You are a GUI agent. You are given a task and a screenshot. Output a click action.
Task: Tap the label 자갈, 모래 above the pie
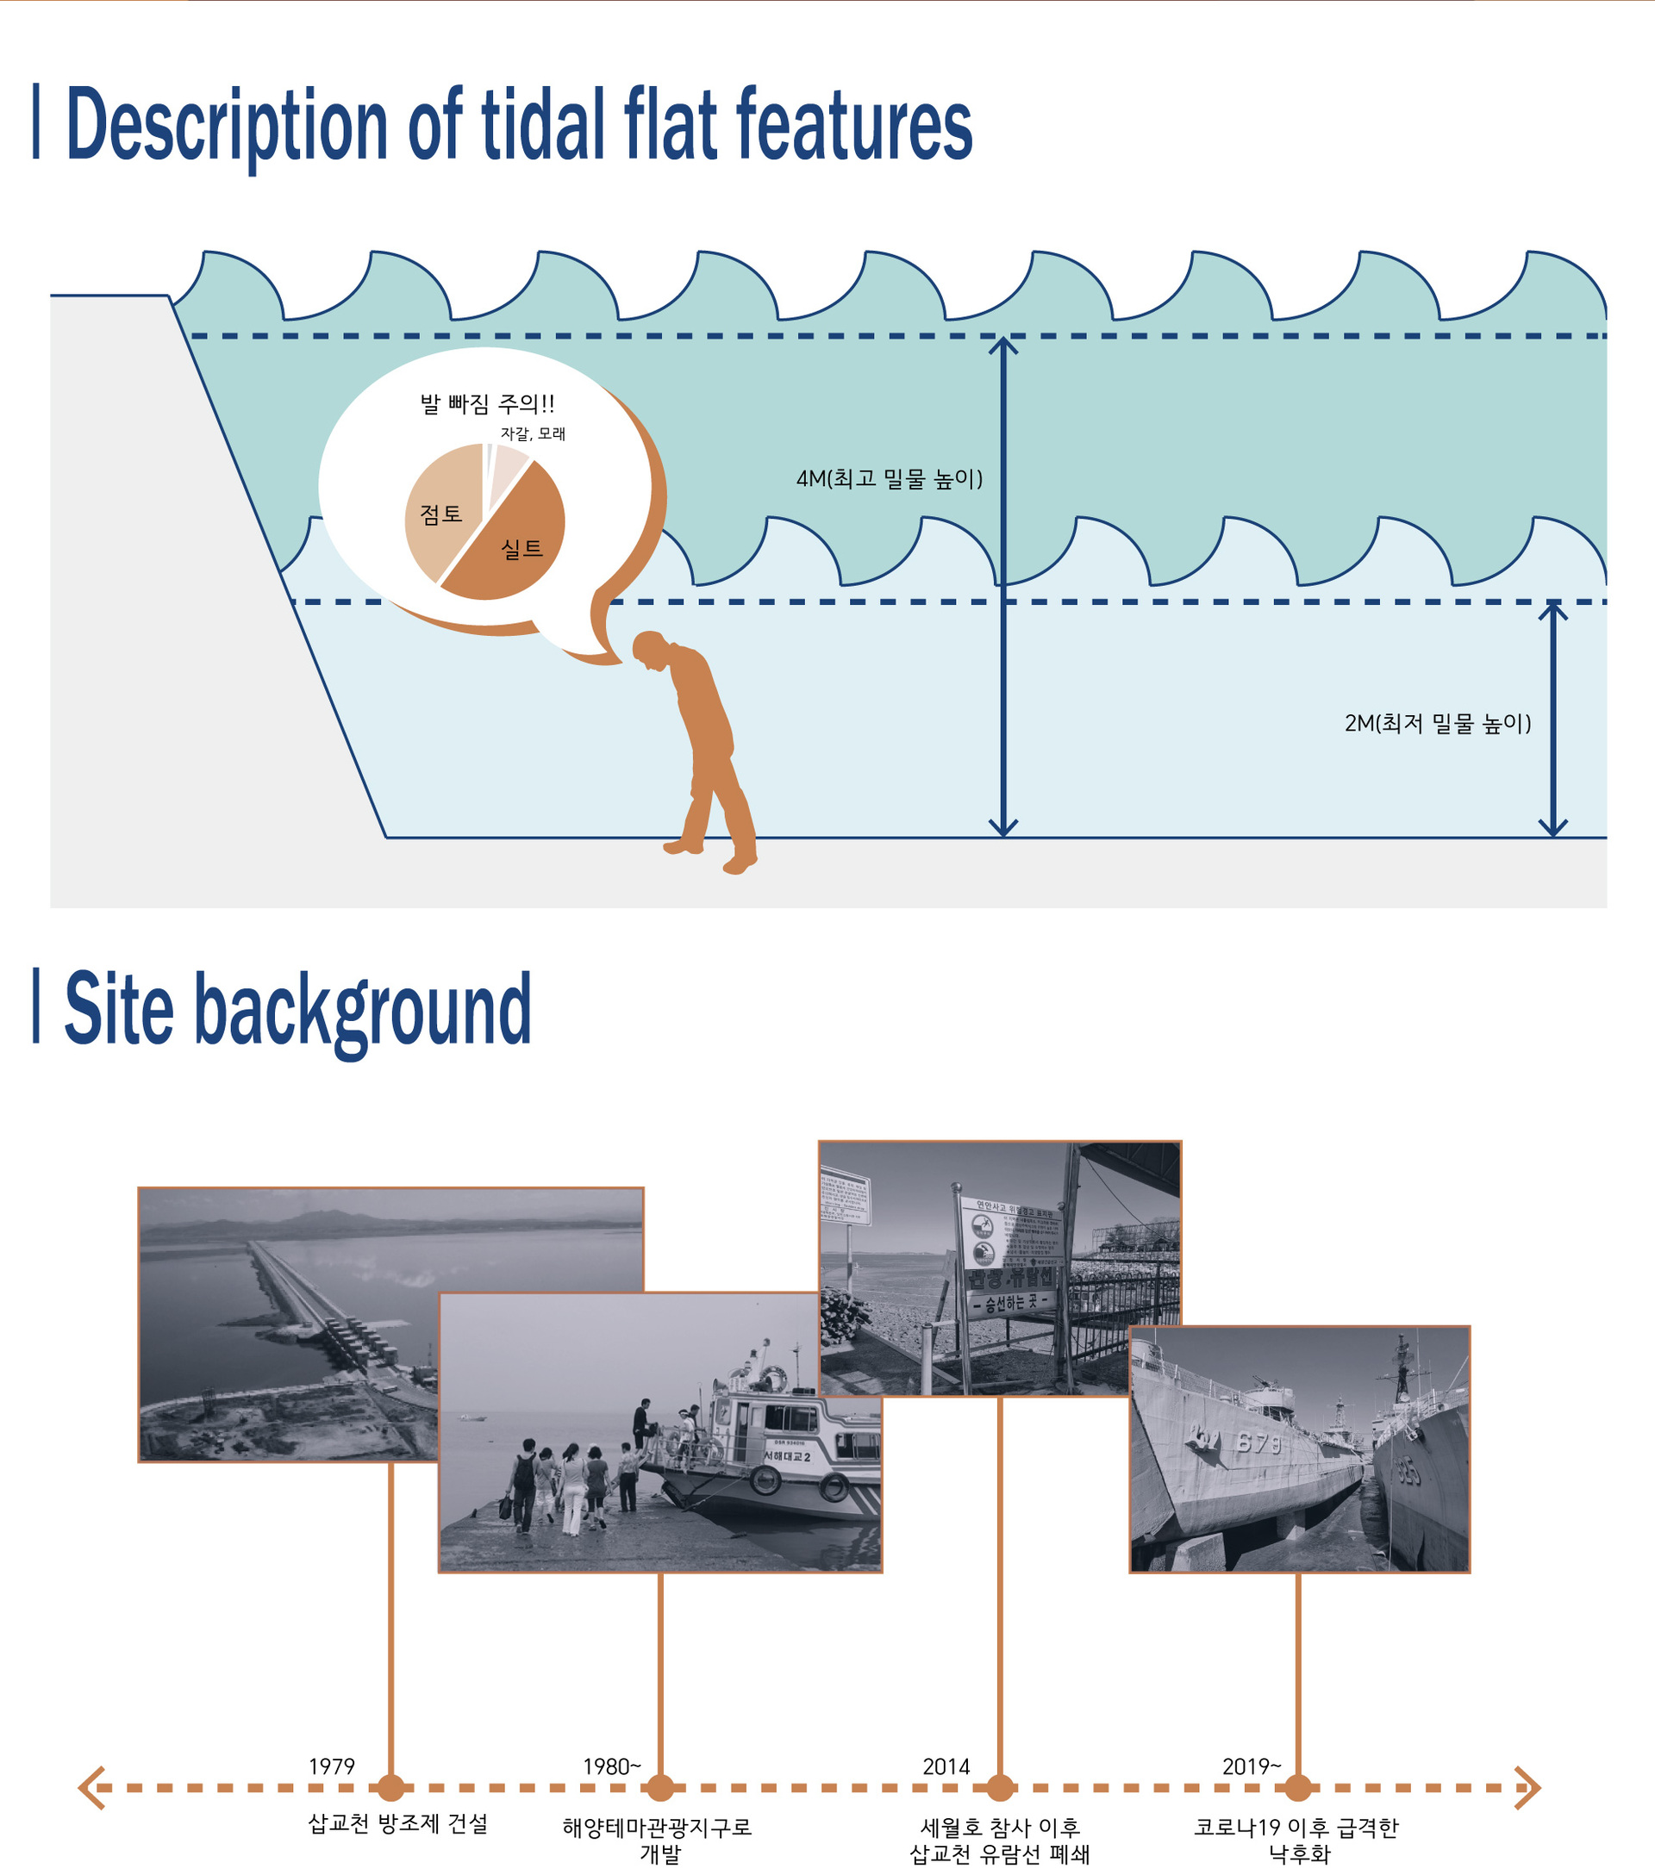(x=532, y=434)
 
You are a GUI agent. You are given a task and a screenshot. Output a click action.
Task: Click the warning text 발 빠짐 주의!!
(x=486, y=403)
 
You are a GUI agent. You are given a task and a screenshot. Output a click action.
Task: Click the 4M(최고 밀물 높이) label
(x=889, y=479)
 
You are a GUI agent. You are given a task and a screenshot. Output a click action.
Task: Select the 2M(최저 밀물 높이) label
(x=1438, y=724)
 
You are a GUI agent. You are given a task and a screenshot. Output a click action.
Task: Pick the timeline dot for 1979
(x=390, y=1788)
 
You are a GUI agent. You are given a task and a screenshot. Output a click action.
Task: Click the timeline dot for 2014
(x=1000, y=1788)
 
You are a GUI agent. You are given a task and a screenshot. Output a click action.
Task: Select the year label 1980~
(x=612, y=1766)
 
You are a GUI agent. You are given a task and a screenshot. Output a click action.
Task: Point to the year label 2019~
(x=1252, y=1766)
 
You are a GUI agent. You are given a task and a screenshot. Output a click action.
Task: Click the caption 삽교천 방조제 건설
(x=397, y=1823)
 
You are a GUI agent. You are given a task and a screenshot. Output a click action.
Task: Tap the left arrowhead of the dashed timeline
(x=90, y=1788)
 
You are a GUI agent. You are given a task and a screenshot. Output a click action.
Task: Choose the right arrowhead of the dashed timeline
(x=1529, y=1788)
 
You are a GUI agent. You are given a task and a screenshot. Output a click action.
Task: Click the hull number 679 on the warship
(x=1258, y=1444)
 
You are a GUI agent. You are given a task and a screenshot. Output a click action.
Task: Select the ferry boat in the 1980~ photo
(x=780, y=1449)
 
